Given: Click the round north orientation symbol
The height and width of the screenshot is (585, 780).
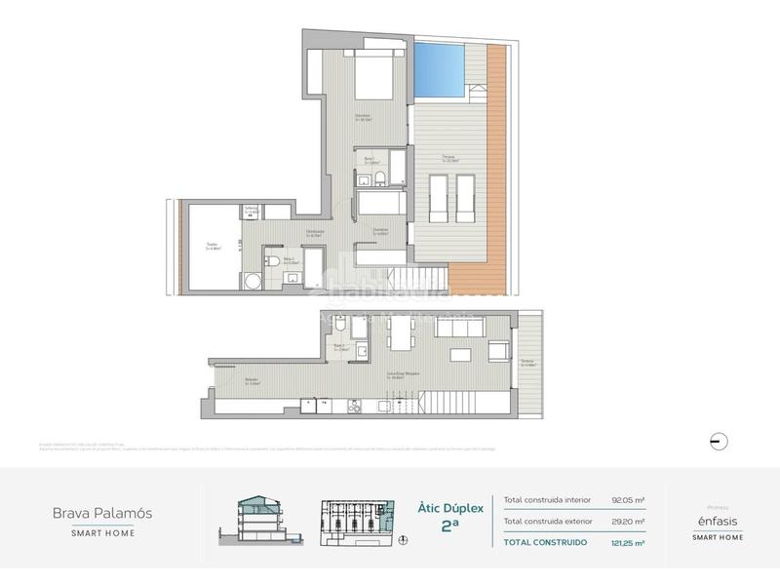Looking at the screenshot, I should click(719, 440).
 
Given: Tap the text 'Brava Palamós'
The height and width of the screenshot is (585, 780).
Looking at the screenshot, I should click(102, 512).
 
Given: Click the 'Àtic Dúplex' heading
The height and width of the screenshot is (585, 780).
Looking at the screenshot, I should click(445, 507).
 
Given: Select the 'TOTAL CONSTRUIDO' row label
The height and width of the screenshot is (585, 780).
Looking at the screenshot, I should click(544, 542).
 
